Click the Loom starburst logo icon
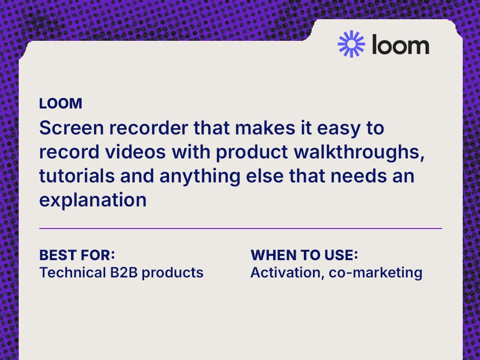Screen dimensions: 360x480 [351, 44]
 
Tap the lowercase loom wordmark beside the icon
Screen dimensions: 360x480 [400, 45]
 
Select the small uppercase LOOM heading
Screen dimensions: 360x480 [60, 103]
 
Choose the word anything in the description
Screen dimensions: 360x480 [197, 176]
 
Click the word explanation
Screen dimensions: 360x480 [93, 200]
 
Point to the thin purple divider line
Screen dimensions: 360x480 [240, 228]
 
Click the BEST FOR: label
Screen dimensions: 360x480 [77, 254]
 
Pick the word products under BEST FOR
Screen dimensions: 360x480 [173, 273]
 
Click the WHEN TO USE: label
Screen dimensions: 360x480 [305, 254]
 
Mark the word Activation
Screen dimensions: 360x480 [285, 273]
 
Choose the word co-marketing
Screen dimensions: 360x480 [375, 273]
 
